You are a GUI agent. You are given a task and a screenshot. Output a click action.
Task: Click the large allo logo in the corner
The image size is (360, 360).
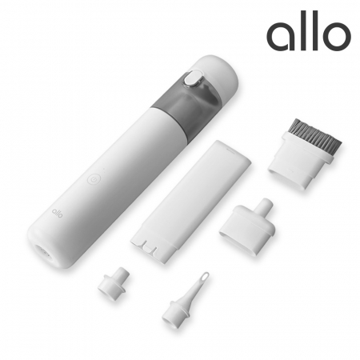click(x=309, y=30)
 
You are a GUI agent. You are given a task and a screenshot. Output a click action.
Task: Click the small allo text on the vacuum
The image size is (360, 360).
click(x=57, y=213)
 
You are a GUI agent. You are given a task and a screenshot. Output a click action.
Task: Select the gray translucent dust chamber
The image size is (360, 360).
click(x=184, y=102)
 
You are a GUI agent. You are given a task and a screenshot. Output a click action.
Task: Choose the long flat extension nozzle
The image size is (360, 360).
click(x=190, y=199)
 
